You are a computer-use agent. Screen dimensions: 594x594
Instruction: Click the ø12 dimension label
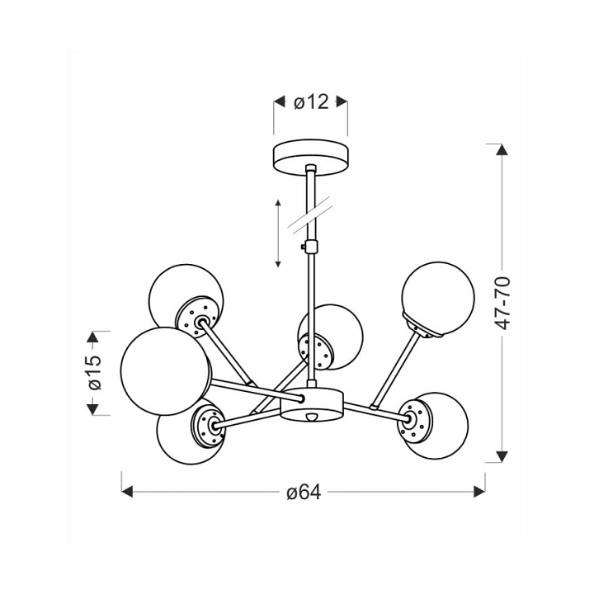[x=311, y=102]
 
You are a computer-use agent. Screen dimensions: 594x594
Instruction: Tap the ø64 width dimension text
[x=304, y=493]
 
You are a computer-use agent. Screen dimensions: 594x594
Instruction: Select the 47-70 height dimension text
[x=503, y=303]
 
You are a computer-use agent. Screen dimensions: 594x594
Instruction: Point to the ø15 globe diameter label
[x=94, y=372]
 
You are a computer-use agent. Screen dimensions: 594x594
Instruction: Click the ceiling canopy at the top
[x=311, y=158]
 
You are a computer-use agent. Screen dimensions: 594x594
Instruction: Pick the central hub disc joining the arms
[x=311, y=404]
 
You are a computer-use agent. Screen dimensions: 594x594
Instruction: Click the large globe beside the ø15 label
[x=166, y=371]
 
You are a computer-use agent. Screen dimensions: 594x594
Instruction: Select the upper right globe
[x=438, y=299]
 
